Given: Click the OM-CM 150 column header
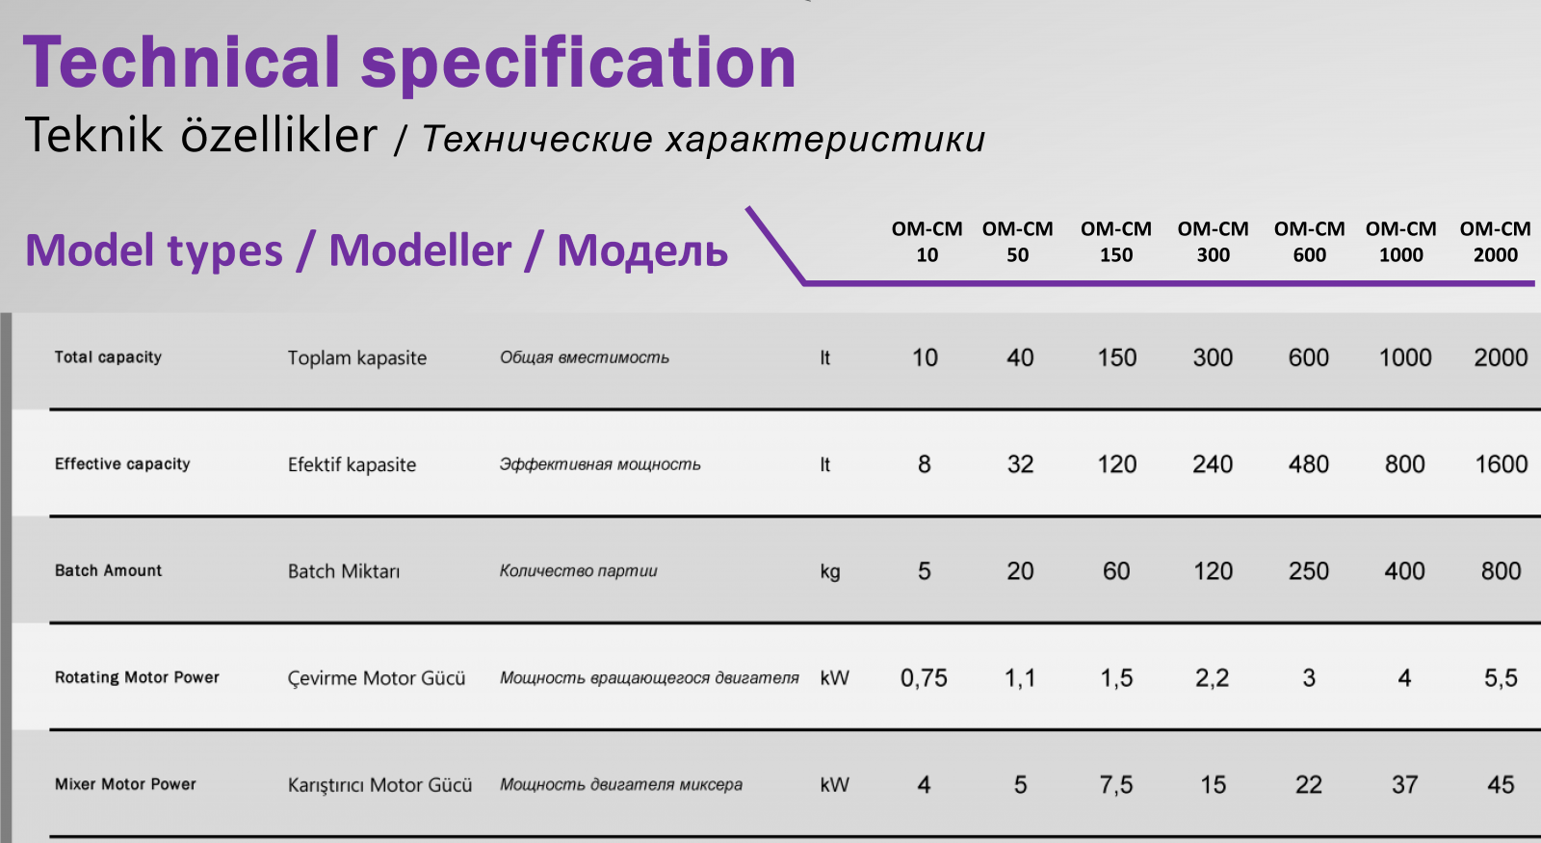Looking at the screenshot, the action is coord(1116,242).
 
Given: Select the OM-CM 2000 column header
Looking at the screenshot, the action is coord(1495,242).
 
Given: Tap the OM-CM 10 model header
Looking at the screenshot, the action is coord(927,242).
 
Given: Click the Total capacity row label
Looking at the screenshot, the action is coord(108,357).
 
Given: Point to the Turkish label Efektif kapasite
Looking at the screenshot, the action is coord(352,464).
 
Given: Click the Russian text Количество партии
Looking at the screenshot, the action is coord(578,570).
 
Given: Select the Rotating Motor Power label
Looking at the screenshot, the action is coord(137,677).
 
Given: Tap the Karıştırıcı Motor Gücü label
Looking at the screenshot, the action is coord(379,784).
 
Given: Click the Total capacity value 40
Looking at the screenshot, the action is coord(1020,357).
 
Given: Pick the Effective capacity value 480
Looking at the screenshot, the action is coord(1309,464).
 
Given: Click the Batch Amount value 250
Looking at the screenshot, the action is coord(1309,571).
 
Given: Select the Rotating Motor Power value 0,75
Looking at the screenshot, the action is coord(924,678).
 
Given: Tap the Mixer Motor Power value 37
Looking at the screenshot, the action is coord(1405,784).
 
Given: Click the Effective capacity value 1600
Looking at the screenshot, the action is coord(1502,464).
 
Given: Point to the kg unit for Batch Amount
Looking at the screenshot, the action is coord(829,572).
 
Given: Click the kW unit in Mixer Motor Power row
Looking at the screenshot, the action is coord(834,784).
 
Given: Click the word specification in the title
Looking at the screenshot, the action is coord(578,64).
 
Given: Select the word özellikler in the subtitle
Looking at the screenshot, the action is coord(279,134).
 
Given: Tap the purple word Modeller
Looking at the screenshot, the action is coord(420,250).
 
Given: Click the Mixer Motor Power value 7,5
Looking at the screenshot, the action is coord(1116,785).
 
